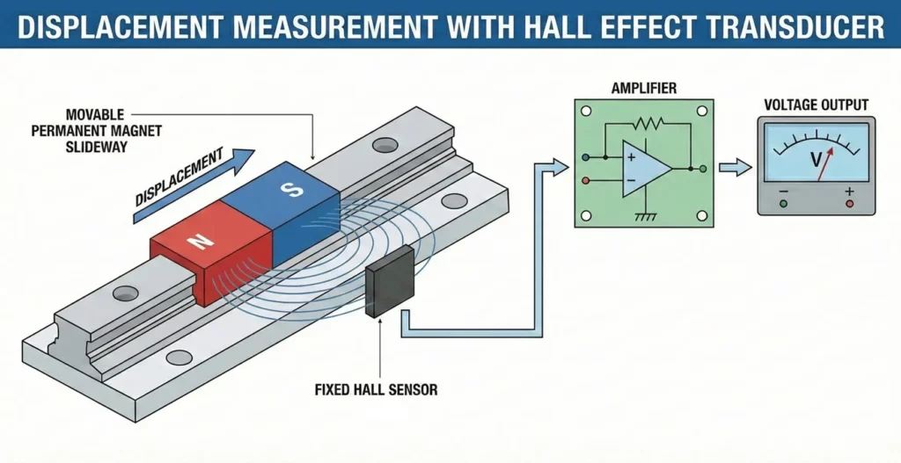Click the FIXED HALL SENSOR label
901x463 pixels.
377,387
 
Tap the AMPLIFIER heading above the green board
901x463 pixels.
643,89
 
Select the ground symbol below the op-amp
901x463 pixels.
647,215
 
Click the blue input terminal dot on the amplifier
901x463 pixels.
587,158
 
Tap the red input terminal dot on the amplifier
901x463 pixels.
587,180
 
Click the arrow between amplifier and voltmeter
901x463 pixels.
735,167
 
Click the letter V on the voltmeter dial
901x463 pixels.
816,160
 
